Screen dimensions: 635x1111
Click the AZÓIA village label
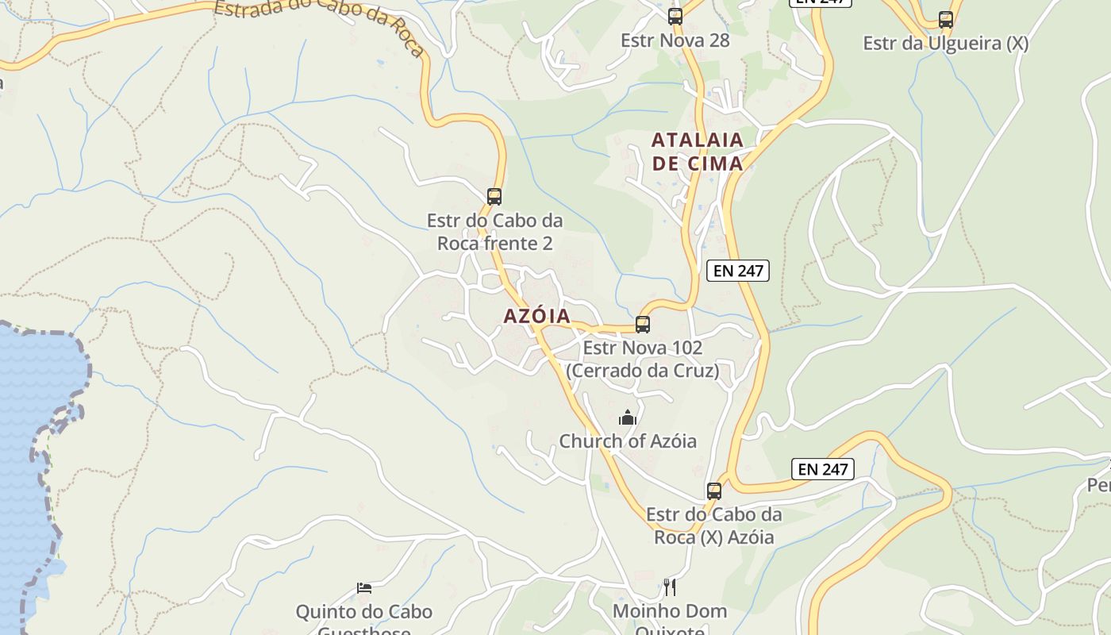pyautogui.click(x=536, y=316)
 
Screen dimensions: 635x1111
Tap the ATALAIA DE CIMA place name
pyautogui.click(x=698, y=152)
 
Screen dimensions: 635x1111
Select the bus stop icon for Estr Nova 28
pyautogui.click(x=675, y=16)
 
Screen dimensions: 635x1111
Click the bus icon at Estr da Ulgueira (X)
pyautogui.click(x=946, y=20)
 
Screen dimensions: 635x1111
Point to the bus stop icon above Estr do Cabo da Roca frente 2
pyautogui.click(x=494, y=196)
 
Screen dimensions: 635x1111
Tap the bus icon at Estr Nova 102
pyautogui.click(x=643, y=325)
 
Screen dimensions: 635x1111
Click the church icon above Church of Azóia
pyautogui.click(x=628, y=418)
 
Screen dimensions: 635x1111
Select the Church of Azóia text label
pyautogui.click(x=628, y=441)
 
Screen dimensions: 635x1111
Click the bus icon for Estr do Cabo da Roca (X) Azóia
pyautogui.click(x=714, y=491)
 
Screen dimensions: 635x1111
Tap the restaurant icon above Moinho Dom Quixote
pyautogui.click(x=670, y=587)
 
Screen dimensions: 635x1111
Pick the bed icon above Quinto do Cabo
pyautogui.click(x=364, y=588)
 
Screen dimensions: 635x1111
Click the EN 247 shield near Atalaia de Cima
pyautogui.click(x=738, y=271)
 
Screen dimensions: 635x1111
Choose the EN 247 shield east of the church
pyautogui.click(x=823, y=469)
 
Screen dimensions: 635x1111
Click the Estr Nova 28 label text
pyautogui.click(x=675, y=40)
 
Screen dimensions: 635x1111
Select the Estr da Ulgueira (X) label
pyautogui.click(x=946, y=44)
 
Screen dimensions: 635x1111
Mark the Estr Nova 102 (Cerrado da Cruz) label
pyautogui.click(x=643, y=359)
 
